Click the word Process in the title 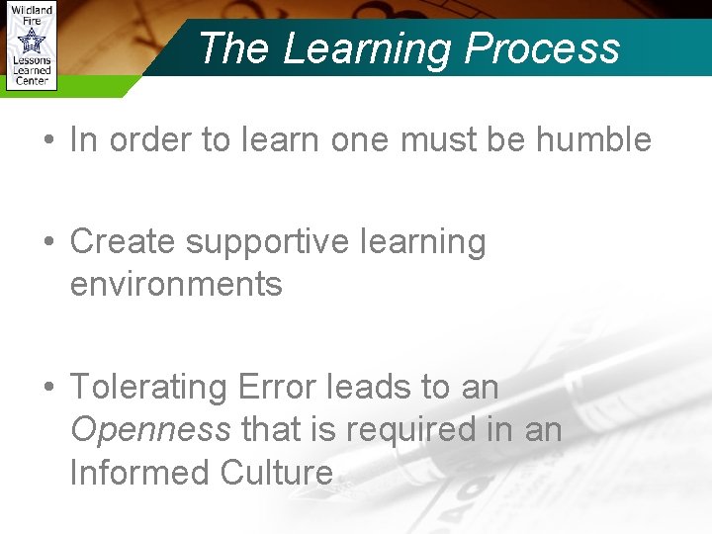pyautogui.click(x=543, y=47)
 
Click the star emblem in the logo pyautogui.click(x=32, y=42)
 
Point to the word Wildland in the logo pyautogui.click(x=32, y=9)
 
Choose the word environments pyautogui.click(x=176, y=285)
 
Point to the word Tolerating pyautogui.click(x=148, y=387)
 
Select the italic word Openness pyautogui.click(x=150, y=430)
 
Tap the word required pyautogui.click(x=397, y=430)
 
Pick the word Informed pyautogui.click(x=139, y=473)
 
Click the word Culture pyautogui.click(x=276, y=473)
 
